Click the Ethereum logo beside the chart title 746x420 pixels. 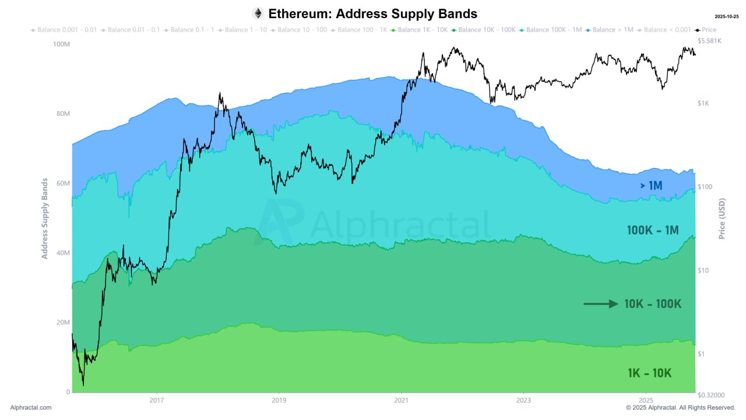click(258, 13)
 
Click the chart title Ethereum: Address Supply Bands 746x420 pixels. click(372, 13)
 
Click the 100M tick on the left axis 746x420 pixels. click(61, 44)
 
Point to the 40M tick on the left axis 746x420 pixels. click(62, 253)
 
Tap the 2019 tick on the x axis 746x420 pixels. click(279, 400)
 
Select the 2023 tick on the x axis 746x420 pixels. click(523, 400)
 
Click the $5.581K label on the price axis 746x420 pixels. click(709, 41)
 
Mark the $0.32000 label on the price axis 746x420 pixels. click(711, 395)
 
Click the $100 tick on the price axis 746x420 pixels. click(705, 187)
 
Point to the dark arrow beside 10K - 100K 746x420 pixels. click(601, 304)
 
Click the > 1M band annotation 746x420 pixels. click(651, 185)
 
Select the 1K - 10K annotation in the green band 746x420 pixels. click(649, 373)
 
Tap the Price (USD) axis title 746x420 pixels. click(722, 219)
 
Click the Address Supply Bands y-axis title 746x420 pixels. click(45, 219)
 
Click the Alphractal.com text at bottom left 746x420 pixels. click(31, 408)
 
